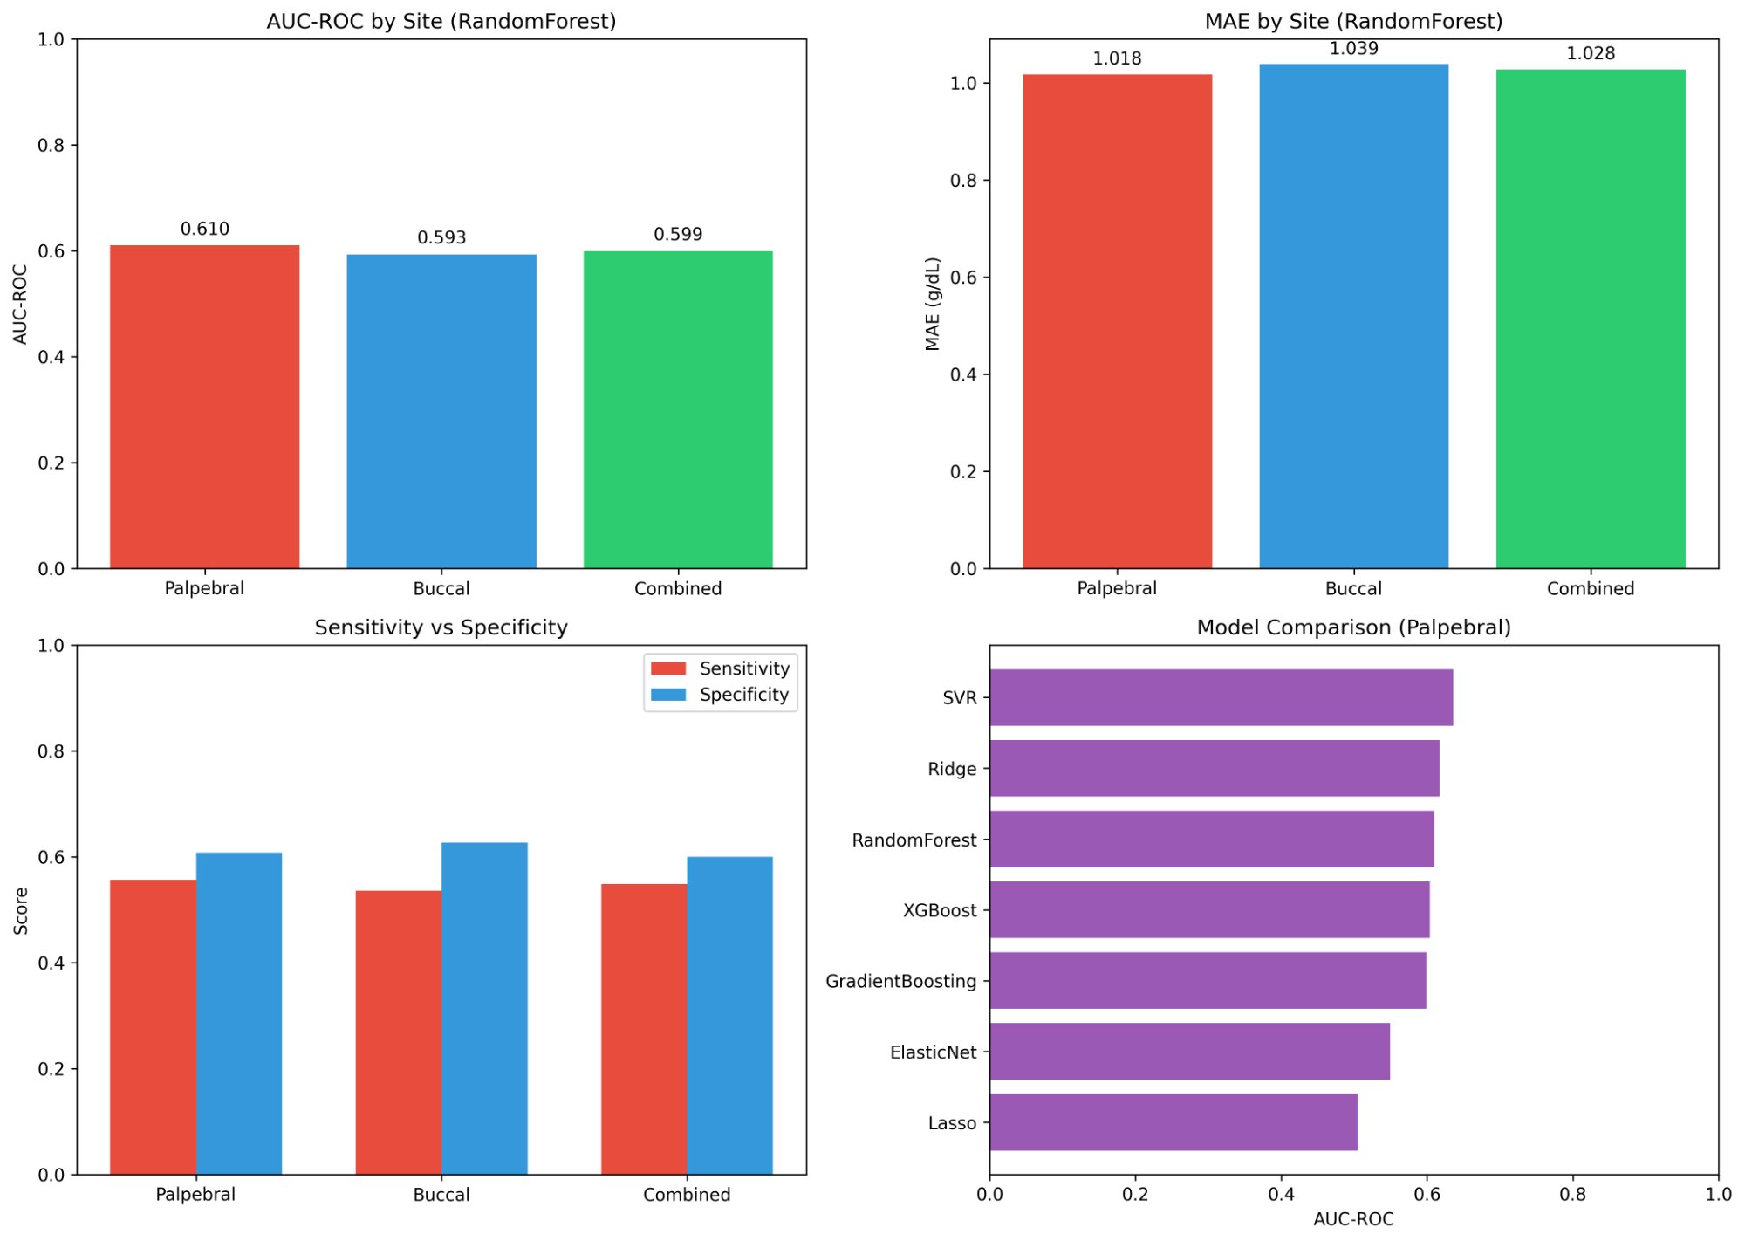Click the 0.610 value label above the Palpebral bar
205,229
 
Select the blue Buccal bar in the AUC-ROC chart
441,411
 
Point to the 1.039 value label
1353,49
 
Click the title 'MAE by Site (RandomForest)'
1353,21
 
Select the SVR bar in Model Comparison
1221,697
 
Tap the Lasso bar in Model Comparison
1174,1122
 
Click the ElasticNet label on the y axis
933,1052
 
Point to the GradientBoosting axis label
900,981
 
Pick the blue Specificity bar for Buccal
484,1008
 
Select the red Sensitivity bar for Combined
644,1029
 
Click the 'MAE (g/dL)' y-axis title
933,304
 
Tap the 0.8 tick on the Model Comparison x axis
1572,1194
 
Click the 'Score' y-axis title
21,910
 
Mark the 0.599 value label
678,234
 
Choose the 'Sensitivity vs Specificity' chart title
441,627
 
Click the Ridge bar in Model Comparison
1214,768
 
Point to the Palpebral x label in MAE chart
1116,588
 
